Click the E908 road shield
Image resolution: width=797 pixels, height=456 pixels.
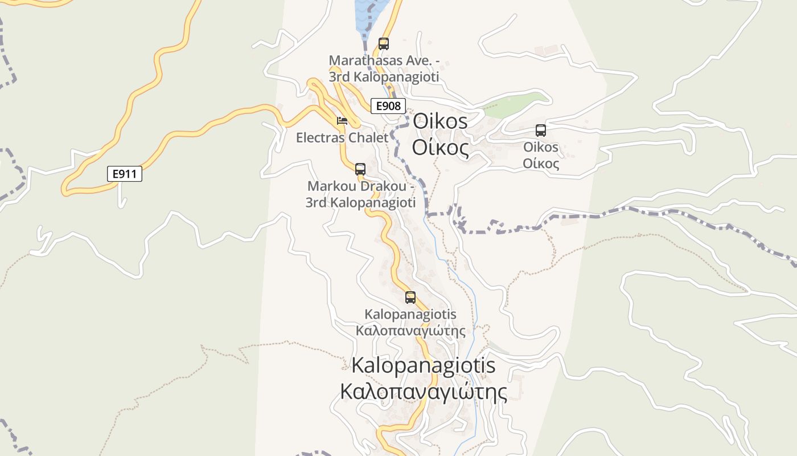[388, 105]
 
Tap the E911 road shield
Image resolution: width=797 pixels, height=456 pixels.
[124, 174]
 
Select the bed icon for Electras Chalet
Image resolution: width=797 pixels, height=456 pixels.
[342, 121]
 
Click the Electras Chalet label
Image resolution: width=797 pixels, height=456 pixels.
[342, 137]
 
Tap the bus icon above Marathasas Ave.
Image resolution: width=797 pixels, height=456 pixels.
[384, 43]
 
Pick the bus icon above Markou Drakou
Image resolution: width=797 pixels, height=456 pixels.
[360, 169]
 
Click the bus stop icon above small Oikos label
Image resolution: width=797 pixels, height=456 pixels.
[541, 130]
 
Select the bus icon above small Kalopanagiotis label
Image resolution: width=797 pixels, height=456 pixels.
[410, 297]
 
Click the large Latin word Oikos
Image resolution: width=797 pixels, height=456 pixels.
[440, 121]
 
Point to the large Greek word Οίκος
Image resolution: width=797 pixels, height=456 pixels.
[440, 148]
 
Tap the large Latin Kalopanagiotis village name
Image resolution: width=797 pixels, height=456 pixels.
[424, 365]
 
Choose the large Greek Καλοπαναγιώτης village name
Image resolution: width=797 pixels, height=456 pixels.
[424, 392]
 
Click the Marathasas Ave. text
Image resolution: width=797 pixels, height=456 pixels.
[385, 60]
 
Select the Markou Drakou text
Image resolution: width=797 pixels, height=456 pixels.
[361, 186]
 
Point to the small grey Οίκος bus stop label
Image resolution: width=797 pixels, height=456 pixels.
[541, 164]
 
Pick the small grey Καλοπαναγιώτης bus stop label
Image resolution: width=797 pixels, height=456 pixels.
[410, 331]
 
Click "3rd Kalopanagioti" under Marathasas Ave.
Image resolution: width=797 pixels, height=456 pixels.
[385, 76]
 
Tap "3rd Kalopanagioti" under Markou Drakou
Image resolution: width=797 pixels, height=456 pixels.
[361, 202]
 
